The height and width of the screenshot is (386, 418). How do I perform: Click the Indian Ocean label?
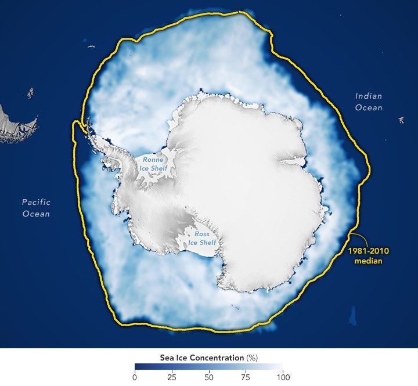pyautogui.click(x=369, y=102)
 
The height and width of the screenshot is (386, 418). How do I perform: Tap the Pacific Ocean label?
pyautogui.click(x=36, y=208)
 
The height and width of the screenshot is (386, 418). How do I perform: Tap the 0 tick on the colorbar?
pyautogui.click(x=135, y=377)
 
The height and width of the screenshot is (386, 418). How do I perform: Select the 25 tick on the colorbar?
pyautogui.click(x=172, y=377)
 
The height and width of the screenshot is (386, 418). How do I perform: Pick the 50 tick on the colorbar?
pyautogui.click(x=208, y=377)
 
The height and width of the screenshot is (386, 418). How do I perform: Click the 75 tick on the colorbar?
pyautogui.click(x=246, y=377)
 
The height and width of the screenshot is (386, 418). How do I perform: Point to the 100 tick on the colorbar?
pyautogui.click(x=282, y=377)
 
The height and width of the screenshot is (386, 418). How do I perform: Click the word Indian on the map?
pyautogui.click(x=369, y=96)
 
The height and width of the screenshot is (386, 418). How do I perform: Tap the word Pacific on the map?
pyautogui.click(x=36, y=203)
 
